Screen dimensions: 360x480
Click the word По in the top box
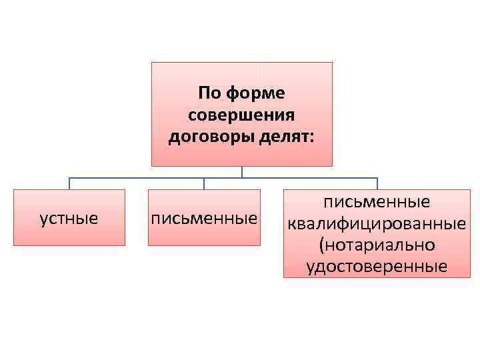210,91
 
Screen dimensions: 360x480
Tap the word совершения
241,115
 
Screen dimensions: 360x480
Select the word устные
69,218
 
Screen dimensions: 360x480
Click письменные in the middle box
204,218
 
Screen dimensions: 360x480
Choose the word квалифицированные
377,222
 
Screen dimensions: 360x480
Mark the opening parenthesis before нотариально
323,245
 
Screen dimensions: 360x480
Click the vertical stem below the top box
242,172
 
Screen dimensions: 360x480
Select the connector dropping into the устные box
69,184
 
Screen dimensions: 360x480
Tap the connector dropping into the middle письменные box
204,184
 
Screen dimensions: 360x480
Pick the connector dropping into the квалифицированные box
377,184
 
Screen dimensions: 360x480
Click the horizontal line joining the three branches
153,178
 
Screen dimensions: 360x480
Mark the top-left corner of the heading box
152,63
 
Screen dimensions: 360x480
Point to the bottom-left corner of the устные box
14,245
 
